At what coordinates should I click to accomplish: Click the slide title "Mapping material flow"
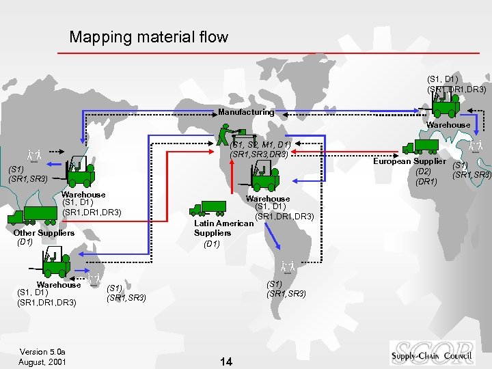tap(148, 37)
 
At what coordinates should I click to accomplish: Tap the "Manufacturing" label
tap(246, 111)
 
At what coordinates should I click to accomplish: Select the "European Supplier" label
tap(409, 161)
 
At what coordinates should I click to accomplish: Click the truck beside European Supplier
tap(420, 146)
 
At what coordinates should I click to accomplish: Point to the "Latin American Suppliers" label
tap(214, 228)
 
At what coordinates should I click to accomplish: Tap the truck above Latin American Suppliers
tap(208, 207)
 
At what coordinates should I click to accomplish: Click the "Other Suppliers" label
tap(44, 233)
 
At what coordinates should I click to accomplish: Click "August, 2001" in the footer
tap(42, 361)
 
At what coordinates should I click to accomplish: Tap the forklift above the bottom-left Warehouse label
tap(55, 263)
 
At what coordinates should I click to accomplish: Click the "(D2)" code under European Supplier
tap(423, 171)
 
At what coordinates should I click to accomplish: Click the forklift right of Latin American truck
tap(262, 178)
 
